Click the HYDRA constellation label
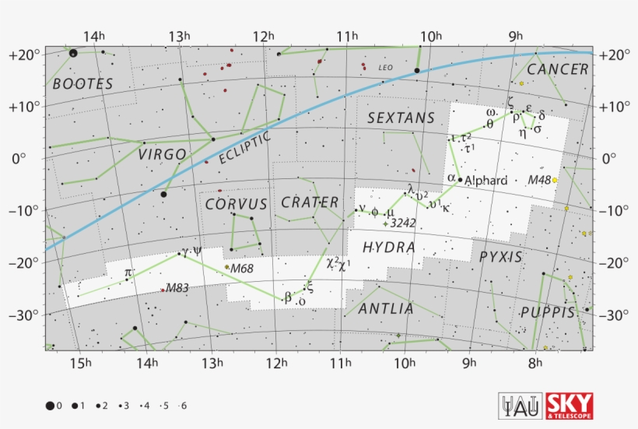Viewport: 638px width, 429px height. pos(388,248)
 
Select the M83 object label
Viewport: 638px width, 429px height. pos(177,287)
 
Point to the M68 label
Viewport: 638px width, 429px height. pos(242,269)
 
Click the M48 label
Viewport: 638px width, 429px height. pos(538,180)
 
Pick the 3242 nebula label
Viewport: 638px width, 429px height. pos(403,223)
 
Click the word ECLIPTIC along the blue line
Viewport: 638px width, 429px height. pos(244,147)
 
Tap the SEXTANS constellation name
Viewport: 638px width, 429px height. pos(401,118)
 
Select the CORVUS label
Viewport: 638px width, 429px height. pos(237,204)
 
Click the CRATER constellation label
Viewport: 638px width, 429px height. pos(310,202)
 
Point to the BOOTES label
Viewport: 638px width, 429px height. pos(82,83)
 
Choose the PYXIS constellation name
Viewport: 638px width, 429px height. pos(501,256)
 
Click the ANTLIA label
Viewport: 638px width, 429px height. pos(386,309)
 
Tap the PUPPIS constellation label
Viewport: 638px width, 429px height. pos(548,313)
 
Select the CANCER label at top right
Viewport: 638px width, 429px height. pos(557,69)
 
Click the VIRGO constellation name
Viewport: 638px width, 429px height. pos(163,154)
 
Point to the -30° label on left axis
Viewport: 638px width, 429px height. pos(24,315)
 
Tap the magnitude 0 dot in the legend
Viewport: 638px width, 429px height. pos(50,406)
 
